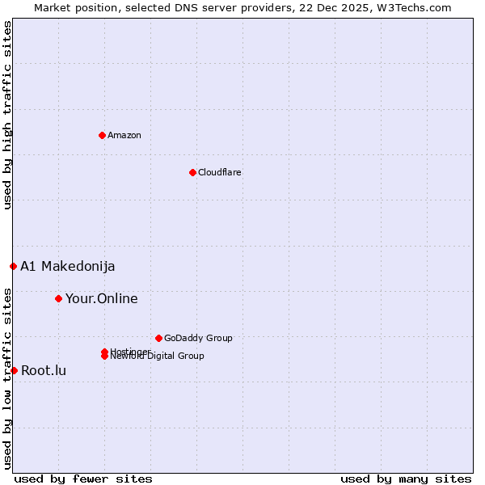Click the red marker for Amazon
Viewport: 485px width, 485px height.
(102, 135)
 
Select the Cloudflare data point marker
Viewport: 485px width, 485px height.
(192, 172)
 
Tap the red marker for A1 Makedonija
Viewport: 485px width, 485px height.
(13, 266)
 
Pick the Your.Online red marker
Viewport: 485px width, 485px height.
(58, 298)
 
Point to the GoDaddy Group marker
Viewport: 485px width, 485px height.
(158, 338)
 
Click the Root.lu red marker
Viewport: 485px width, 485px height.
(14, 370)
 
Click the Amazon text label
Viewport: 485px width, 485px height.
(124, 135)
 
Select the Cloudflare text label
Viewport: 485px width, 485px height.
(219, 172)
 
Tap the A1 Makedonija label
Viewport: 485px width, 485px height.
(67, 266)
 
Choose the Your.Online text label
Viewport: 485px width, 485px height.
(101, 298)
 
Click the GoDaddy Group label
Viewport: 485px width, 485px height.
(198, 338)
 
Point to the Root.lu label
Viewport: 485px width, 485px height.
(44, 370)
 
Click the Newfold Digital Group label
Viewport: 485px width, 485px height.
(157, 356)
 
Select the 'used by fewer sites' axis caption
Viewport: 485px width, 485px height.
(83, 479)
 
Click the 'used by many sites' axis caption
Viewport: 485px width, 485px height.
(406, 479)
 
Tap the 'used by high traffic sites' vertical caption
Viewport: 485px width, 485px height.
(8, 115)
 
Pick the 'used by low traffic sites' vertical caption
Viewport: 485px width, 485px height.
(8, 378)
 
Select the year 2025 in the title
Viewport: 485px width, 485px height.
(356, 7)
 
